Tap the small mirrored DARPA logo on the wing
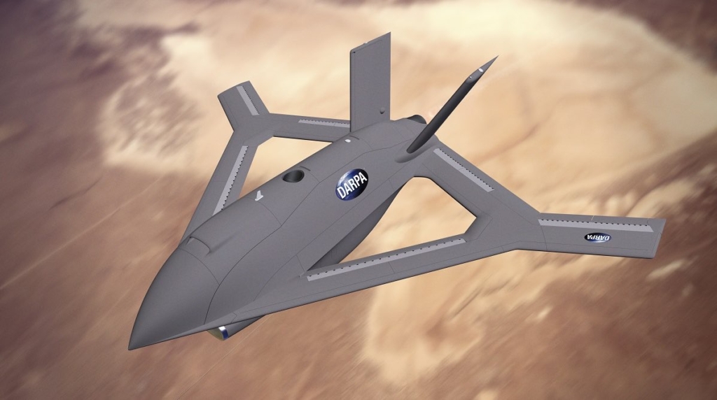[x=597, y=238]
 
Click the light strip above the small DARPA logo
[x=595, y=224]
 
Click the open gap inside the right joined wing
[x=448, y=210]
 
